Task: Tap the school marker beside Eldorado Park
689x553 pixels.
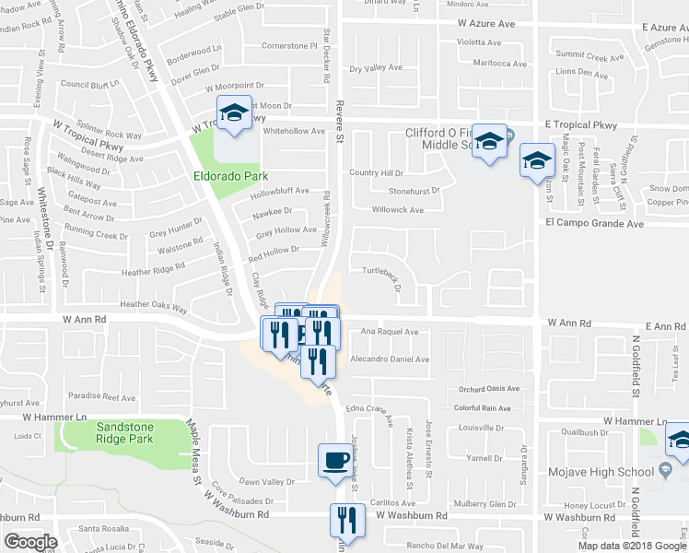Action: [233, 114]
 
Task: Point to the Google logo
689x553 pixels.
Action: [30, 542]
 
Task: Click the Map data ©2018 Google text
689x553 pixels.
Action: [631, 546]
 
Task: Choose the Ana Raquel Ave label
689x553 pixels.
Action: [390, 332]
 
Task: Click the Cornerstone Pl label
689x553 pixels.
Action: [289, 45]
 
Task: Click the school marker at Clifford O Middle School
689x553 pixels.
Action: [490, 142]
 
